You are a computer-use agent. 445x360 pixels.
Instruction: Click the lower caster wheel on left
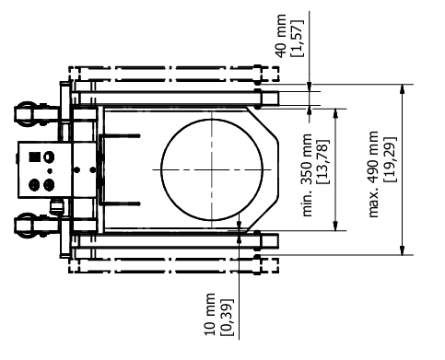click(x=28, y=224)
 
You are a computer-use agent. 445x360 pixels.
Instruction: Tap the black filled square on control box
click(x=35, y=157)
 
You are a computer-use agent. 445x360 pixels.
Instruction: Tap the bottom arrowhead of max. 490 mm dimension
click(x=403, y=250)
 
